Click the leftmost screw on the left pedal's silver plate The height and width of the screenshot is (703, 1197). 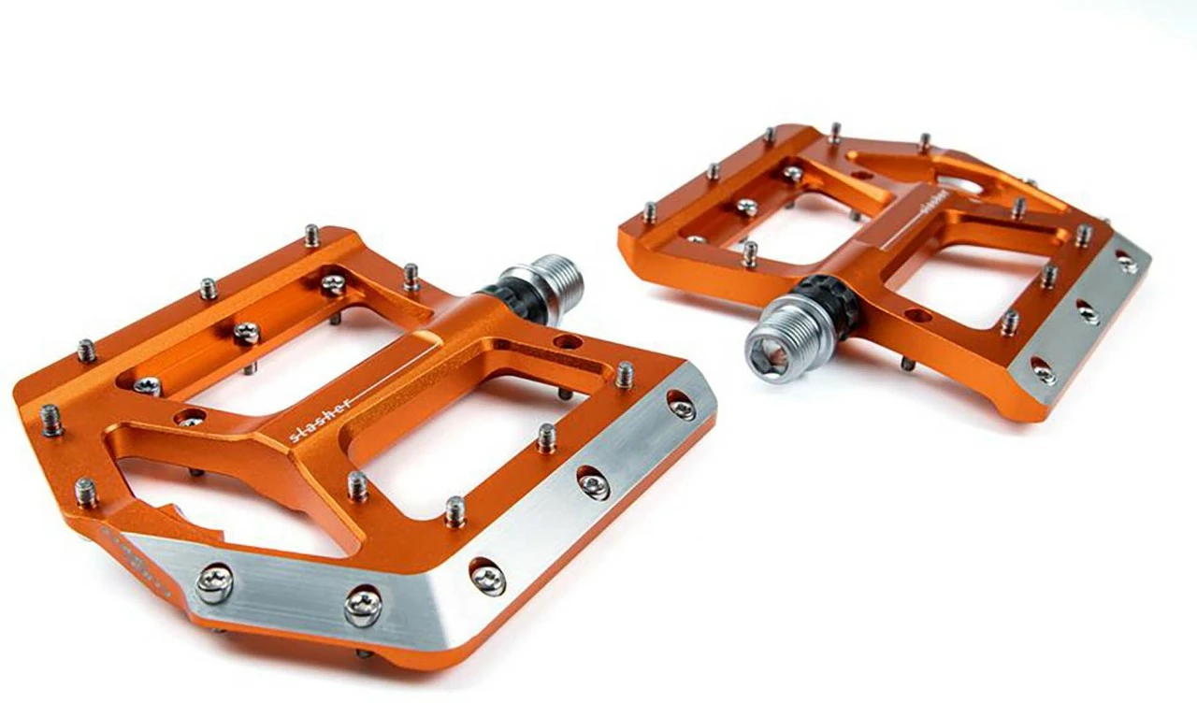[x=213, y=583]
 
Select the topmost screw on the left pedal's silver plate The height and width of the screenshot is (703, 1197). [x=682, y=405]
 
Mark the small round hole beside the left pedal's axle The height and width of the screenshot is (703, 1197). [x=567, y=341]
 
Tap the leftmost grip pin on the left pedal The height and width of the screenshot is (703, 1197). [x=51, y=420]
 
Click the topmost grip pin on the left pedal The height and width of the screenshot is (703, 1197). [x=312, y=236]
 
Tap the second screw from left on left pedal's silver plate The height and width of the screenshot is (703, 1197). [x=363, y=605]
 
